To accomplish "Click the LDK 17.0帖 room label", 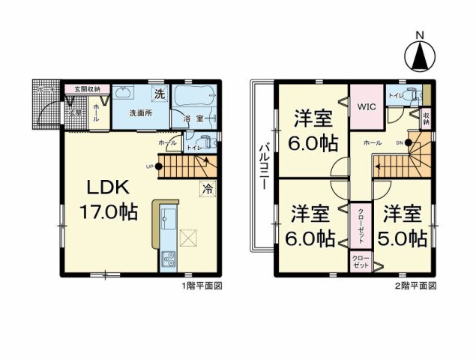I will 109,199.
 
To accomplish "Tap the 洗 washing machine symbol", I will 160,94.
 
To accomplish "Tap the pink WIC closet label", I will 367,107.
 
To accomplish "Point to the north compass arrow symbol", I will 420,55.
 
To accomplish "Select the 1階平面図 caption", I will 201,286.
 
